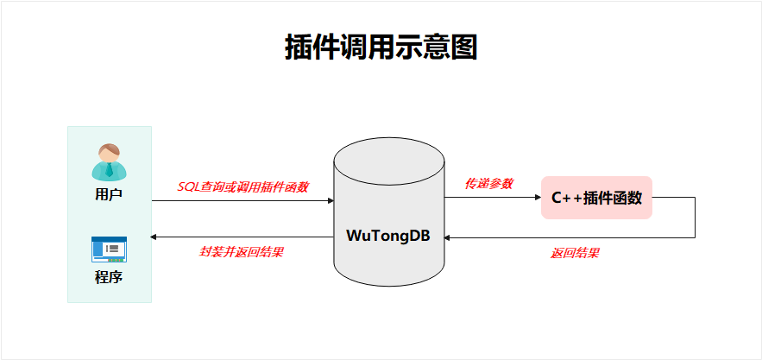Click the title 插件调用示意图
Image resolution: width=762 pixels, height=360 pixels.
[x=381, y=47]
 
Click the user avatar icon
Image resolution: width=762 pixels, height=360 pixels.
[x=109, y=161]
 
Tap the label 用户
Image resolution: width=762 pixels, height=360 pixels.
[x=109, y=194]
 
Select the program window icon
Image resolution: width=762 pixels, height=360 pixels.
[x=109, y=249]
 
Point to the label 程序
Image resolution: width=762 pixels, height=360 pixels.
[x=109, y=278]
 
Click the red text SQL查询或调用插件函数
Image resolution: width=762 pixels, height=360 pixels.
[x=242, y=186]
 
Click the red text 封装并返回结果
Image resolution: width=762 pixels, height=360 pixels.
[x=242, y=252]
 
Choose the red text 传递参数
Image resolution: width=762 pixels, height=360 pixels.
[x=488, y=184]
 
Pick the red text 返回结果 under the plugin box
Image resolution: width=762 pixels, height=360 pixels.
[x=575, y=253]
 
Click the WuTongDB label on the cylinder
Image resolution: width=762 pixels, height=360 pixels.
[x=389, y=235]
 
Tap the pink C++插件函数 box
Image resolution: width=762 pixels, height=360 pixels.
[x=596, y=198]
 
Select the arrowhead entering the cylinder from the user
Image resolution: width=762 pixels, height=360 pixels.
[x=330, y=201]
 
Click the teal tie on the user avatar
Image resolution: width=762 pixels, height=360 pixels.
[x=109, y=170]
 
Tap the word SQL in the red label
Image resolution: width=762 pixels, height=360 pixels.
[x=188, y=186]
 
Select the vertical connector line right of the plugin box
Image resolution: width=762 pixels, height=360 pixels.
[x=695, y=217]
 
